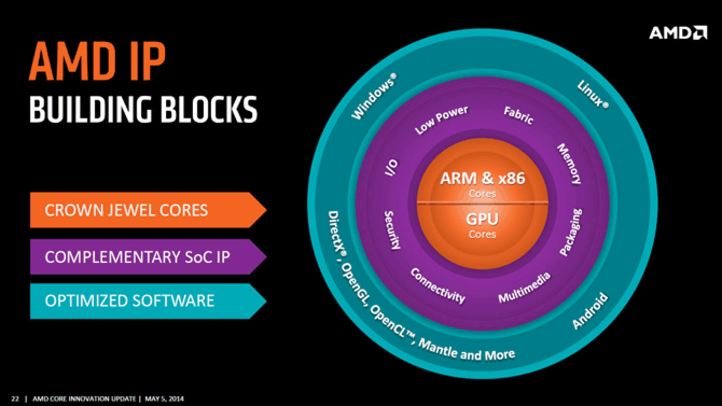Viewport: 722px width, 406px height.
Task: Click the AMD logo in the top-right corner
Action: pos(678,33)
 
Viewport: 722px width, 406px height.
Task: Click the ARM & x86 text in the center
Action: pos(482,178)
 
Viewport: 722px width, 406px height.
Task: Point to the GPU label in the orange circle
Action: pos(482,219)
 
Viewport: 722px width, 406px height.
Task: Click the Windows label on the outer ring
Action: pos(373,97)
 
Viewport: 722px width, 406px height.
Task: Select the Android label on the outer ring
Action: pos(590,311)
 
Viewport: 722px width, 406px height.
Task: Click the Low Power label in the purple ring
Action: pos(441,120)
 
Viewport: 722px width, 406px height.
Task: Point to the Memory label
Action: pos(569,164)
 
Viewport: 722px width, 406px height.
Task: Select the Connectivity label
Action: pos(438,286)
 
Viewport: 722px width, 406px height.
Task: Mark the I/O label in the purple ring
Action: pos(391,168)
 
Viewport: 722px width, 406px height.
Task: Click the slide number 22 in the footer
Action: pos(15,399)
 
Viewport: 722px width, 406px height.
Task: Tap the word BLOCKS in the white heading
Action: pos(209,109)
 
